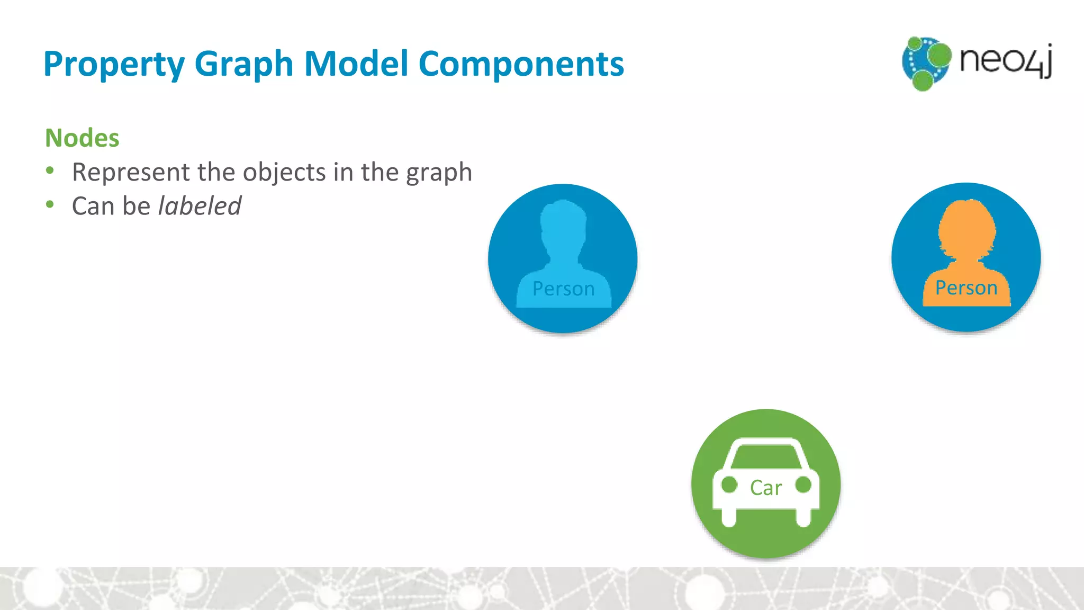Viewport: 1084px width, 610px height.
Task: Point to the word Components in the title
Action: (521, 64)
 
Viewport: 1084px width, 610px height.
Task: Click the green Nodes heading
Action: (82, 138)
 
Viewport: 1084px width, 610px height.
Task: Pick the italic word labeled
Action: (200, 205)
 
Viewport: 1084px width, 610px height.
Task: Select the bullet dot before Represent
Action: (50, 171)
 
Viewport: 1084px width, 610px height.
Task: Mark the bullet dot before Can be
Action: (50, 204)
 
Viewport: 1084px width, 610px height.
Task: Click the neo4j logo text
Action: (1006, 60)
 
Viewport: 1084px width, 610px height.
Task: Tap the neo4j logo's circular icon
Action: (926, 63)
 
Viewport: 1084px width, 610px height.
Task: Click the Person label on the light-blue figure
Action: (563, 289)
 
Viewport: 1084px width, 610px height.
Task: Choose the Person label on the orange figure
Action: (966, 288)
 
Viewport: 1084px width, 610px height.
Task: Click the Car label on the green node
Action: (765, 488)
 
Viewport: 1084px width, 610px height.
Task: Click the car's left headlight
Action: (729, 485)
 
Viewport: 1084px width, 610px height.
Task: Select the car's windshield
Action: (766, 454)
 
